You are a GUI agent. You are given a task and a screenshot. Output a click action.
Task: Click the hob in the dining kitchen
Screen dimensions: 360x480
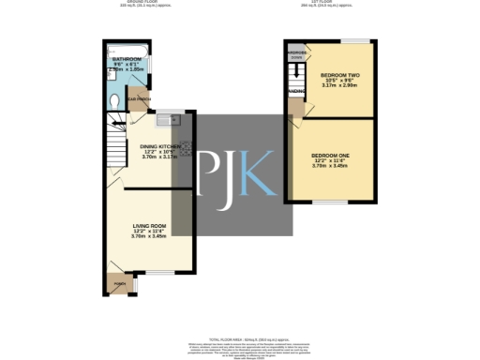point(186,149)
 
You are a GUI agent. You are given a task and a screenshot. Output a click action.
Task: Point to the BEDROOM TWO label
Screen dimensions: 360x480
point(338,74)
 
